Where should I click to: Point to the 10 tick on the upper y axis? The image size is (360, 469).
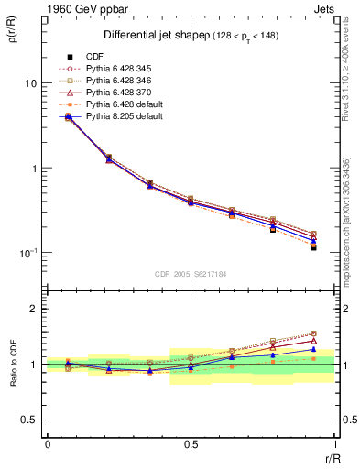pyautogui.click(x=30, y=83)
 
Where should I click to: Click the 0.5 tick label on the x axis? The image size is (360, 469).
pyautogui.click(x=191, y=444)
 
